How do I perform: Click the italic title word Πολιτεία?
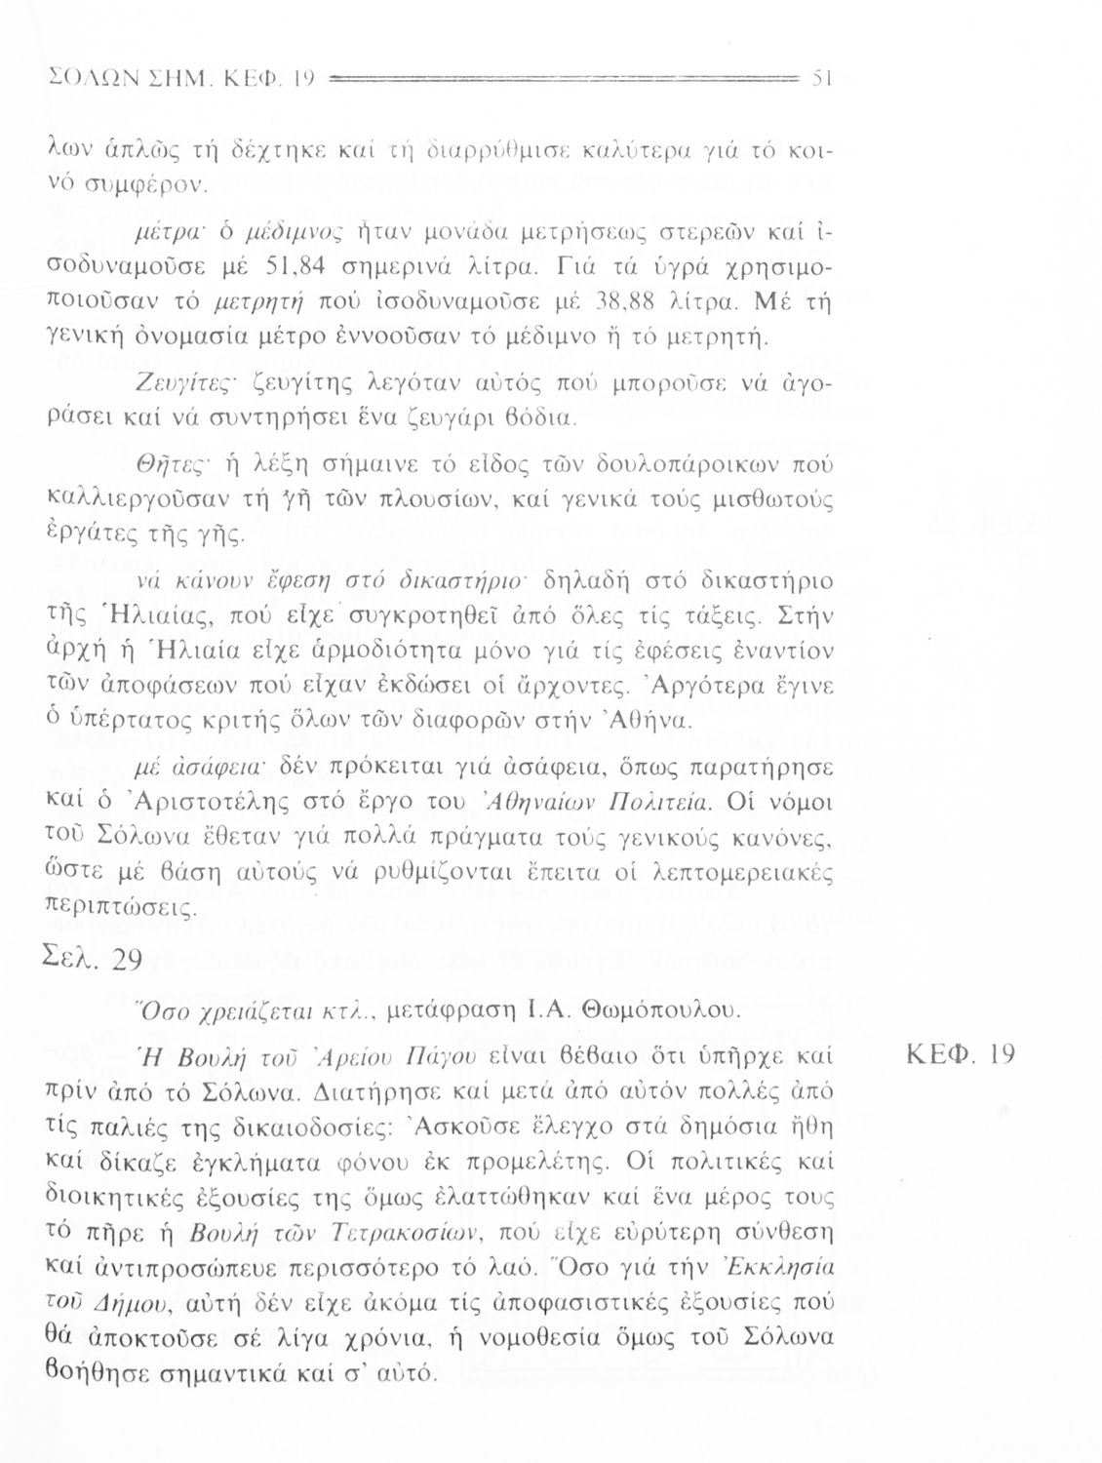pos(677,802)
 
